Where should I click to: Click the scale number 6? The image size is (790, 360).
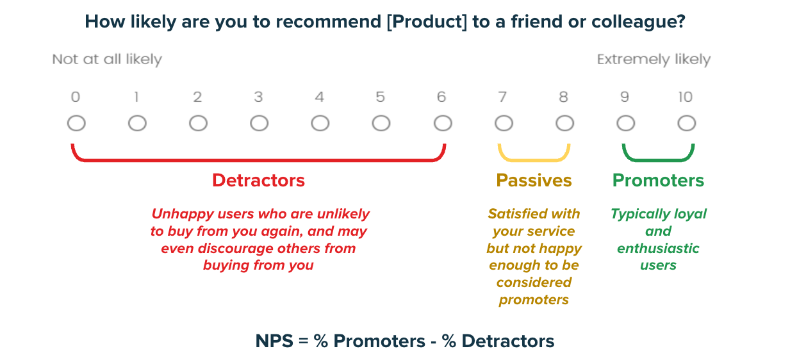(x=441, y=97)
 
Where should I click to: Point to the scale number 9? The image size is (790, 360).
(x=625, y=97)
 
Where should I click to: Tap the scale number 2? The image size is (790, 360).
(x=197, y=97)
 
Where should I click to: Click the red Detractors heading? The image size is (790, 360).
(x=258, y=181)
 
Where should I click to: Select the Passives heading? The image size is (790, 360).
(x=534, y=181)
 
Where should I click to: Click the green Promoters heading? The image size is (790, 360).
(x=658, y=181)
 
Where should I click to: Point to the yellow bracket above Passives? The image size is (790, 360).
(x=534, y=160)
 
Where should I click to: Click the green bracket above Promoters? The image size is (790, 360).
(x=658, y=160)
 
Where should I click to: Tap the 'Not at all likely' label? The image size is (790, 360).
(x=107, y=60)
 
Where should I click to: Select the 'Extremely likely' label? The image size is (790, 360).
(x=654, y=60)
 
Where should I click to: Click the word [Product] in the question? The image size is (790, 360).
(x=427, y=22)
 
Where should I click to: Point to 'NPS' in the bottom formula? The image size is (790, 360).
(x=274, y=341)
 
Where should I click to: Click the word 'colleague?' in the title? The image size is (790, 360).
(x=638, y=22)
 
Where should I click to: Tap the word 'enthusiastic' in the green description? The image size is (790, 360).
(x=658, y=249)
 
